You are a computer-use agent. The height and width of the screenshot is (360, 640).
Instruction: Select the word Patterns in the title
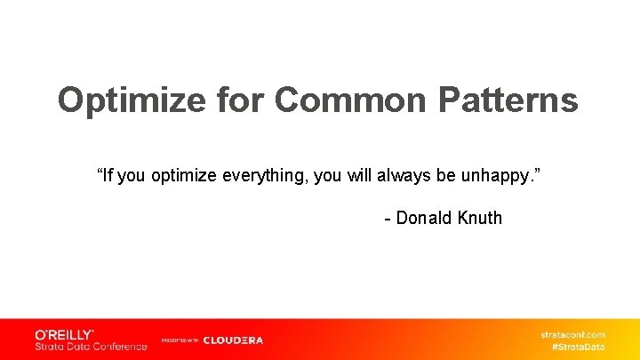point(508,101)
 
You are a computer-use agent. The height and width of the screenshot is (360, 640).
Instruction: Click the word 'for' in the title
point(240,101)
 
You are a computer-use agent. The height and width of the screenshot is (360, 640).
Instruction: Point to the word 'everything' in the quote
point(260,175)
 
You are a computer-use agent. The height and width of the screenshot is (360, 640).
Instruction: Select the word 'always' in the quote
point(404,175)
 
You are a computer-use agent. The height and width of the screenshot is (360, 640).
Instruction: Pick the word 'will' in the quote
point(361,175)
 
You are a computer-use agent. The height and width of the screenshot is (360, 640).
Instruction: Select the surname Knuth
point(480,218)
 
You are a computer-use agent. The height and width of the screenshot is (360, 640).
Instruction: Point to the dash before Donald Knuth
point(388,219)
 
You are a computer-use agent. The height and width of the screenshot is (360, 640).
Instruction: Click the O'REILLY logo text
point(64,334)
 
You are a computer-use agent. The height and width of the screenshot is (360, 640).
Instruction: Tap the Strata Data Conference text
point(91,346)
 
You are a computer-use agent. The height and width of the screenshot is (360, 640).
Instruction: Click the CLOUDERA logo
point(233,340)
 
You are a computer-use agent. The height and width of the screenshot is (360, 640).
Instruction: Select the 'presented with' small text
point(180,340)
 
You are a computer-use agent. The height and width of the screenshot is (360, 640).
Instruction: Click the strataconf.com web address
point(572,335)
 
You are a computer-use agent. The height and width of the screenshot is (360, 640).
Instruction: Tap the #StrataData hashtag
point(578,347)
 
